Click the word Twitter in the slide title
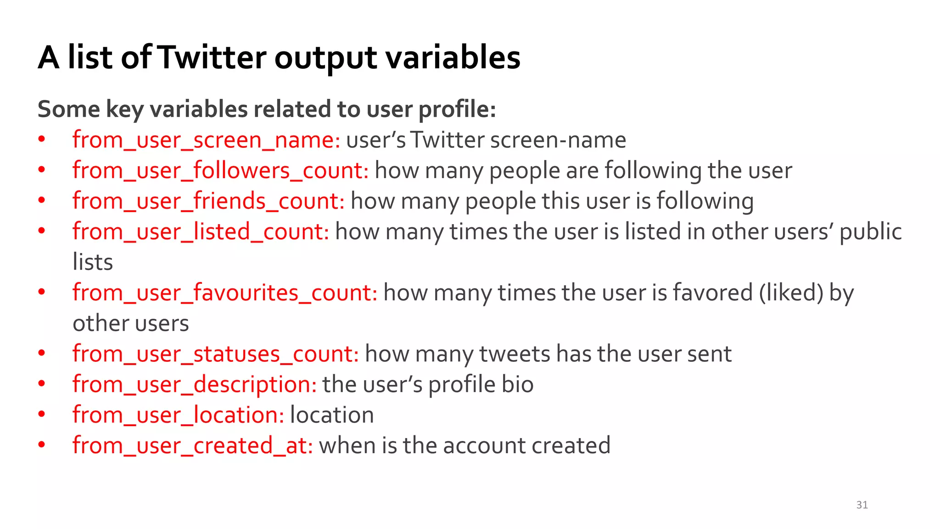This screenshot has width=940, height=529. click(213, 58)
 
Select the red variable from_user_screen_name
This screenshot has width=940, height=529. click(206, 140)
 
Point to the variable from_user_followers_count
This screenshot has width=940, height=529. click(220, 171)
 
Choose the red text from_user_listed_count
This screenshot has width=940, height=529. click(201, 232)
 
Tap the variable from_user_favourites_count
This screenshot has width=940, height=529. click(225, 293)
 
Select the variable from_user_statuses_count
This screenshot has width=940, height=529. click(216, 354)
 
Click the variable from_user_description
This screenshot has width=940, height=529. click(194, 385)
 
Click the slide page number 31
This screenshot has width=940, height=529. click(862, 505)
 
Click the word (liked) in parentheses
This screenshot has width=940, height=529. click(791, 293)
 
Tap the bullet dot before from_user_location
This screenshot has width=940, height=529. click(42, 414)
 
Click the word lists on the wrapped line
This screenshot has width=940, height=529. click(93, 262)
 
